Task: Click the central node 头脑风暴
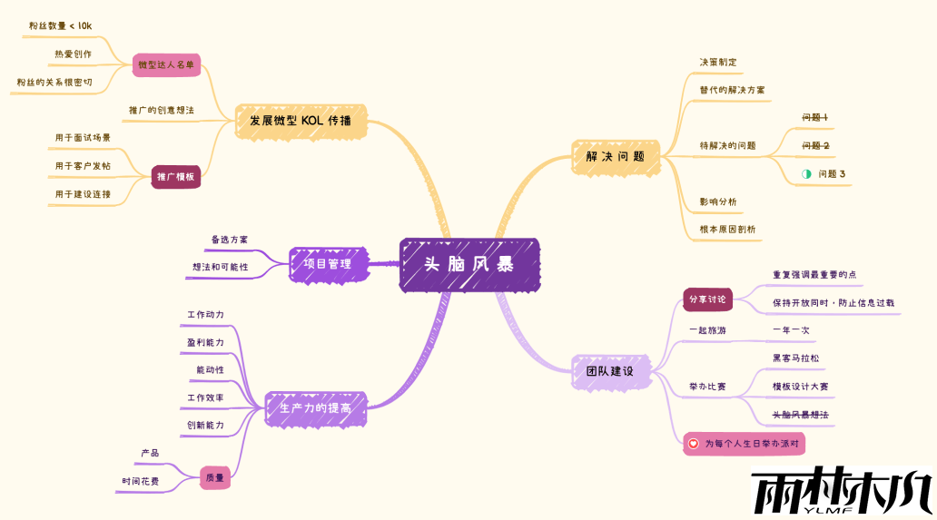[469, 265]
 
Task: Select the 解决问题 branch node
[615, 156]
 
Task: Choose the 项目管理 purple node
[328, 264]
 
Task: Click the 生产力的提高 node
[315, 408]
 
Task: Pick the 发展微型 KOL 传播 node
[301, 121]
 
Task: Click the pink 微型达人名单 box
[166, 65]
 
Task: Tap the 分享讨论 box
[707, 299]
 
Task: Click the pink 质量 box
[214, 477]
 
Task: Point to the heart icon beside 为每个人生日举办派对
[694, 444]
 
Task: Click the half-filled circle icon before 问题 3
[805, 173]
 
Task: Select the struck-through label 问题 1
[814, 117]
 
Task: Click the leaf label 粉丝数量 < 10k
[60, 26]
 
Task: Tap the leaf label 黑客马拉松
[795, 358]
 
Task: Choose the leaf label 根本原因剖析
[726, 230]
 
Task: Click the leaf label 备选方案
[229, 240]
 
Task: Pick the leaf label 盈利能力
[205, 342]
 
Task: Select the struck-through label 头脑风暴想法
[800, 415]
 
